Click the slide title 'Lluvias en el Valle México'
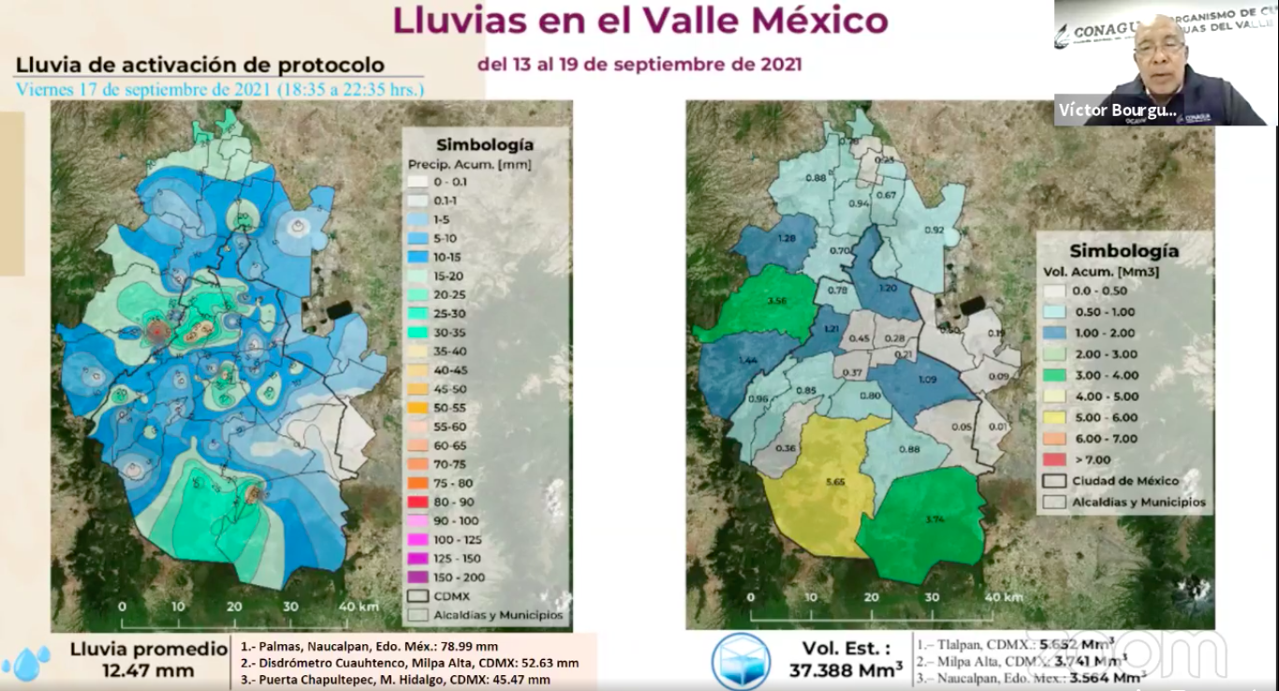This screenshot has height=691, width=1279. (x=639, y=21)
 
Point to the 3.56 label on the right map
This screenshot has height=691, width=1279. (x=775, y=301)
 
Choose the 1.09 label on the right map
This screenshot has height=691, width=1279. (x=927, y=380)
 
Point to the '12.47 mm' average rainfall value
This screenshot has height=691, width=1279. (x=148, y=670)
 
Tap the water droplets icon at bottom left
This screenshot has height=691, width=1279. (x=26, y=662)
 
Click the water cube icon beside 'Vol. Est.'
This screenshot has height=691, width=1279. (x=741, y=661)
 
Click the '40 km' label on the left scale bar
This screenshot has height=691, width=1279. (x=358, y=606)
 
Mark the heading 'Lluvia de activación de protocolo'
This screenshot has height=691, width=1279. (x=200, y=66)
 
